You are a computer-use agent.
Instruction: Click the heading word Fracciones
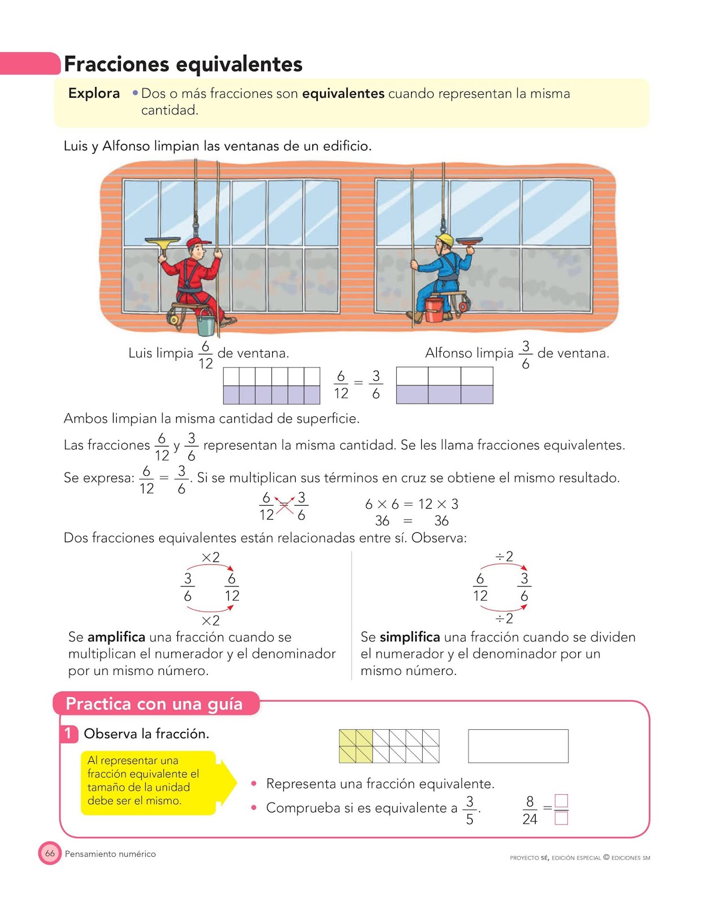coord(116,64)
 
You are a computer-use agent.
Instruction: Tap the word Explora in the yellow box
coord(94,93)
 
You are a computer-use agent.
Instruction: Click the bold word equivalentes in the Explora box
coord(343,93)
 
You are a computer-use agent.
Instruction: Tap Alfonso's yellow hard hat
coord(446,239)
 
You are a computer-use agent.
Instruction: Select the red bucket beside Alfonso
coord(434,310)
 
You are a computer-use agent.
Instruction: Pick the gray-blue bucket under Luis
coord(206,324)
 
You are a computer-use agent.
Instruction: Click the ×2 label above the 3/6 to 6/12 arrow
coord(211,557)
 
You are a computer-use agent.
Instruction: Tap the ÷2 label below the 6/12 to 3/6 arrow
coord(504,619)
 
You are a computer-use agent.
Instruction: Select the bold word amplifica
coord(116,637)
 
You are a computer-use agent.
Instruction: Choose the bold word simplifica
coord(409,637)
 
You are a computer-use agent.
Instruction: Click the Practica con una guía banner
coord(154,704)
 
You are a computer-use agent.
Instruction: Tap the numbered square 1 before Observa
coord(69,734)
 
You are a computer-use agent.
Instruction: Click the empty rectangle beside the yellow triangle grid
coord(518,746)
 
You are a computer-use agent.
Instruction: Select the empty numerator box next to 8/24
coord(561,801)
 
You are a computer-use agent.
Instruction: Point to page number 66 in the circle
coord(50,853)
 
